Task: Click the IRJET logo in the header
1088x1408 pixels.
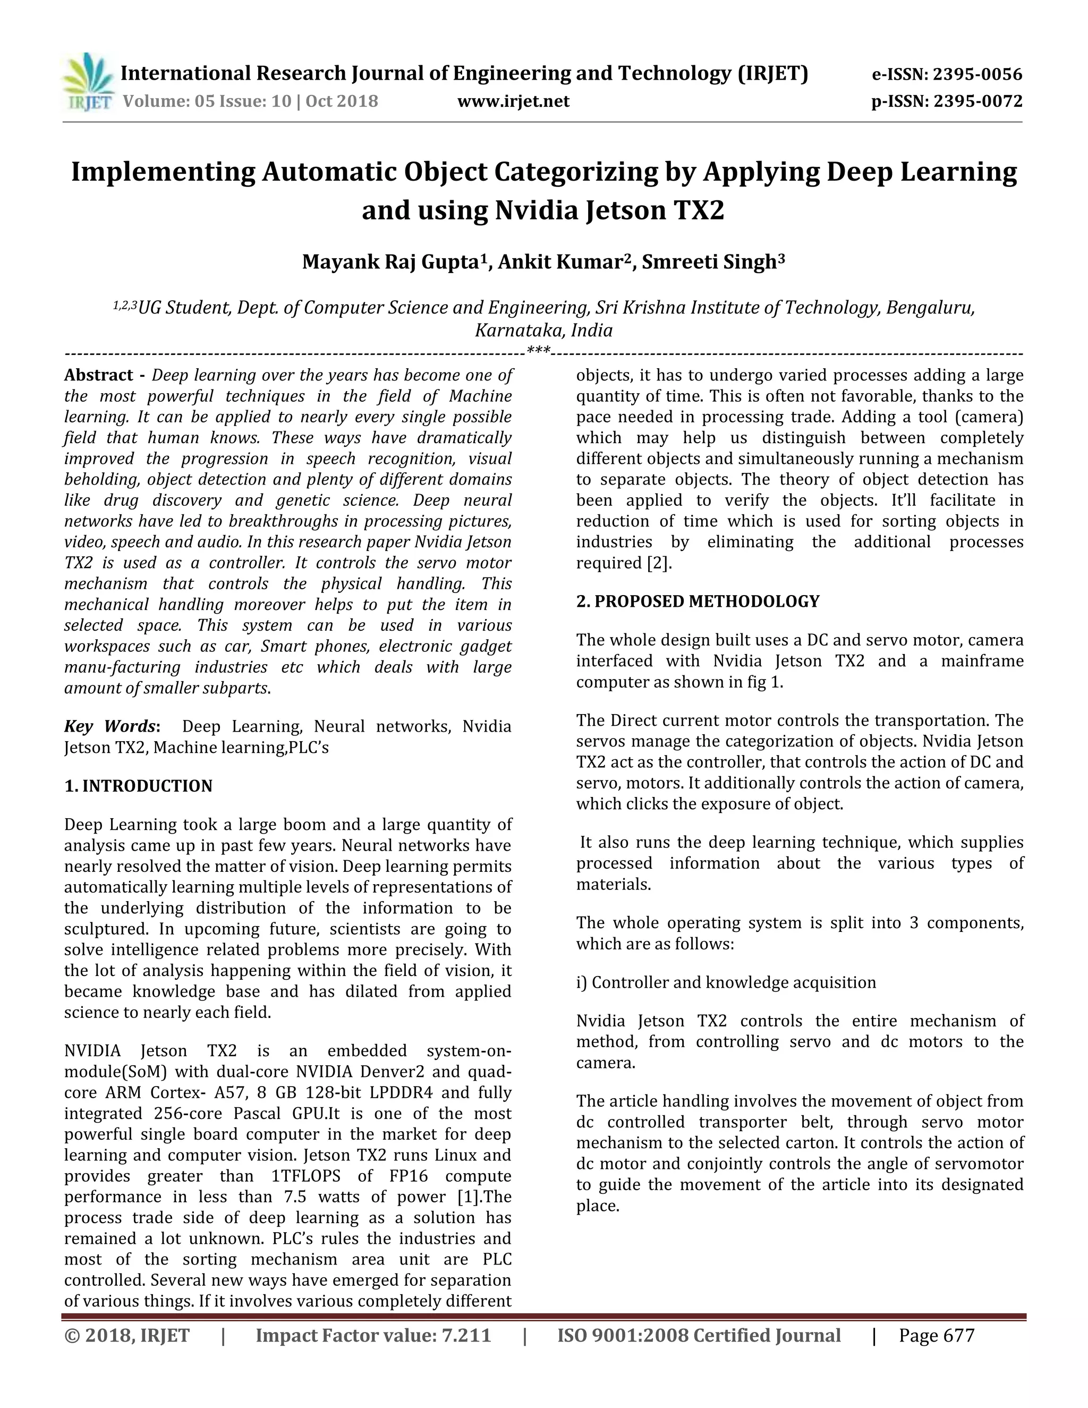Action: [x=88, y=84]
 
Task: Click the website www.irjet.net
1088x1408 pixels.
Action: [x=513, y=101]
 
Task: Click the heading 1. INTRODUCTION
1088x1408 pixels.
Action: [x=138, y=786]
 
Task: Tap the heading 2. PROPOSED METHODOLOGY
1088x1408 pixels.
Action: [x=698, y=601]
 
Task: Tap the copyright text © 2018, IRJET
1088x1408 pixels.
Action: [x=127, y=1335]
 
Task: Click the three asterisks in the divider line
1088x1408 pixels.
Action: [x=538, y=351]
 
